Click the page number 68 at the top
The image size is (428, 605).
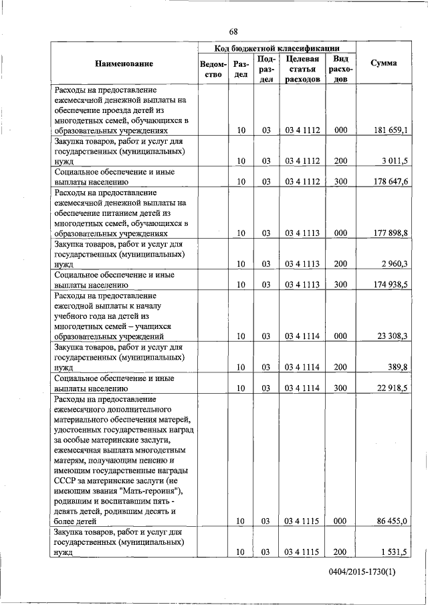(233, 31)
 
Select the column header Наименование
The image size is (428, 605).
(124, 64)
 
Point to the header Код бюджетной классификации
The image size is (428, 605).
(276, 48)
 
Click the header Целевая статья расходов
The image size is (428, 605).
(302, 69)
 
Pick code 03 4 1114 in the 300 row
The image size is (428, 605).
(302, 388)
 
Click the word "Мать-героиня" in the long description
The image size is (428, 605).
(154, 491)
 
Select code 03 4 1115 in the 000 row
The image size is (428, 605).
(302, 521)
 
